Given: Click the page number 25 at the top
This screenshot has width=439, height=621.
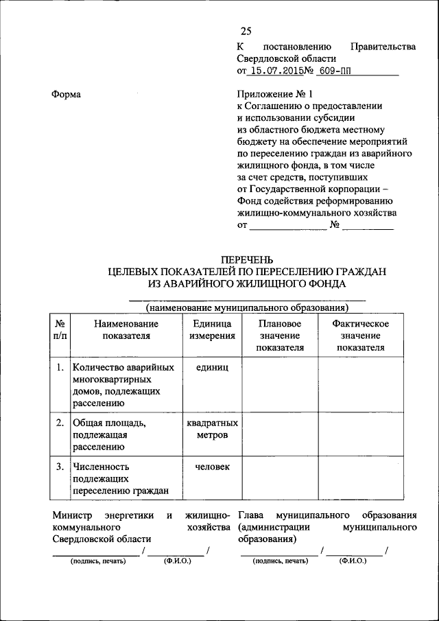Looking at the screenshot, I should [x=246, y=31].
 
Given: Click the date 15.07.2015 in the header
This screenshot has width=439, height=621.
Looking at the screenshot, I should [x=276, y=70].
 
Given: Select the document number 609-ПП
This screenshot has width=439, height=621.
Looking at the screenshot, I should [x=332, y=70].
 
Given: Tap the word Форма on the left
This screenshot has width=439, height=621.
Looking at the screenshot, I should [x=67, y=94].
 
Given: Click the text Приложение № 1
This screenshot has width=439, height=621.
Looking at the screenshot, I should [x=272, y=94].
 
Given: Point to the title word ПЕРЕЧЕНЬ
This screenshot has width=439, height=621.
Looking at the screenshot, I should [x=246, y=259].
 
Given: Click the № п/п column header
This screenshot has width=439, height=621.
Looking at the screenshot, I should [x=60, y=329].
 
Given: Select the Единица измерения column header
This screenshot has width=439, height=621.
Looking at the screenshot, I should [x=212, y=329].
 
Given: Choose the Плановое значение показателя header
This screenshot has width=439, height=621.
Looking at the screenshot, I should [x=280, y=336].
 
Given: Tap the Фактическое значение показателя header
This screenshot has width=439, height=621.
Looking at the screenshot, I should [x=360, y=336].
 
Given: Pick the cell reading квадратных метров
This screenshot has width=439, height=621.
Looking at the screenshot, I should [x=212, y=429].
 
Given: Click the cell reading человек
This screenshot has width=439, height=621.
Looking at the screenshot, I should [x=212, y=467].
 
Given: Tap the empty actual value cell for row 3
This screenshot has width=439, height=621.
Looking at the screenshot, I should [x=360, y=479].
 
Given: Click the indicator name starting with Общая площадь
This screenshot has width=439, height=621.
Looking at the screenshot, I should [x=108, y=435].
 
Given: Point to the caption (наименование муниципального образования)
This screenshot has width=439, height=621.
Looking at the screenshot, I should [x=246, y=307].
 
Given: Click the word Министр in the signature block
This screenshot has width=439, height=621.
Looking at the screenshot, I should [x=72, y=515].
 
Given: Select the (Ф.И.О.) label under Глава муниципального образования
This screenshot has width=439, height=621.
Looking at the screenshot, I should [x=355, y=561].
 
